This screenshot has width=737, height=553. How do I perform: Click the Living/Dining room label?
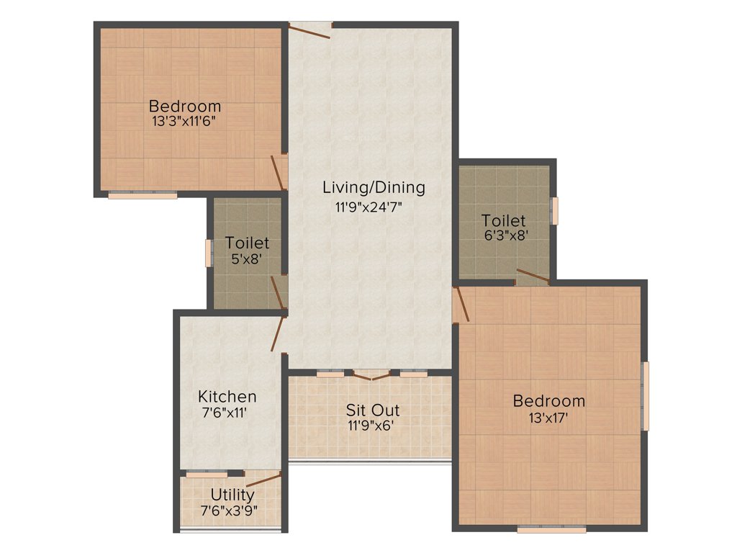(x=374, y=187)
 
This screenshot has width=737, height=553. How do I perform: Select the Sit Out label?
(x=372, y=410)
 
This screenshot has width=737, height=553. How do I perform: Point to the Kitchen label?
(x=227, y=397)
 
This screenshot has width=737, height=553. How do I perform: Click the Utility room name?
(x=232, y=495)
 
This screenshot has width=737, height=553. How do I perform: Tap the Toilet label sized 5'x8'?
(x=247, y=243)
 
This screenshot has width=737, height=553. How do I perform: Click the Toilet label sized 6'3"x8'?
(x=504, y=221)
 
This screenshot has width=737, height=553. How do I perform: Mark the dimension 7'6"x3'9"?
(x=229, y=511)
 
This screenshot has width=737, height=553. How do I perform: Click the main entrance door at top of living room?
(x=310, y=27)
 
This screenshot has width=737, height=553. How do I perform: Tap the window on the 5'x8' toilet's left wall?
(x=209, y=253)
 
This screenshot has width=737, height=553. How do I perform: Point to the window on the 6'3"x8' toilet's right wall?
(x=554, y=210)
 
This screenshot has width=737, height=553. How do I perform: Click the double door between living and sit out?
(x=372, y=374)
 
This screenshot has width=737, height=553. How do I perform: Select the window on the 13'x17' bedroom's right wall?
(x=646, y=396)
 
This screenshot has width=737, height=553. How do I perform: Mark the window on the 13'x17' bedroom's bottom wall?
(x=551, y=529)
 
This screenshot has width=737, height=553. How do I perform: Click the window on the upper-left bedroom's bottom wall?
(x=143, y=194)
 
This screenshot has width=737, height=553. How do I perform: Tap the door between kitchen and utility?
(x=262, y=479)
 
